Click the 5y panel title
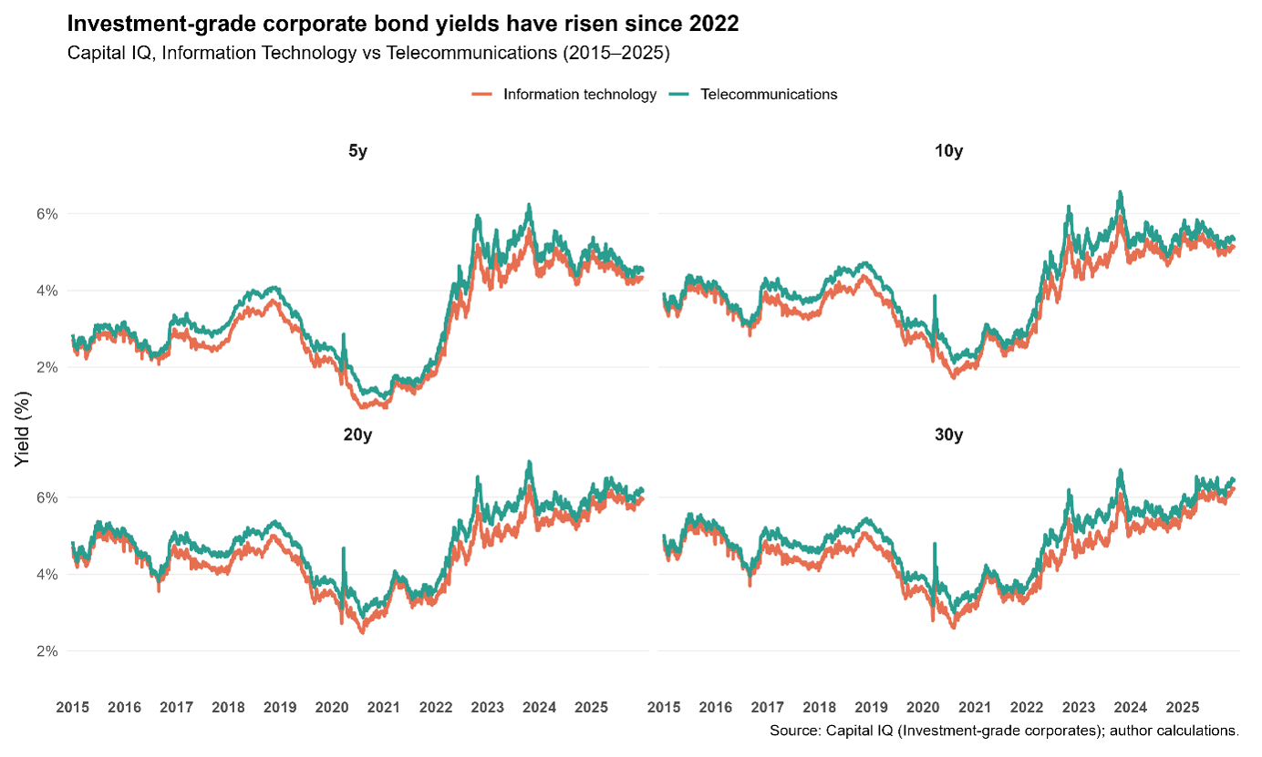(357, 151)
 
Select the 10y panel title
(949, 151)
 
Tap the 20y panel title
(357, 435)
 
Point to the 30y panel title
(949, 435)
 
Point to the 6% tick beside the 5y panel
(47, 214)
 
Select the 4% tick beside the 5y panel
(47, 291)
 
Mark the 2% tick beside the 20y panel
(47, 651)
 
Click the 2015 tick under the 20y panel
(72, 707)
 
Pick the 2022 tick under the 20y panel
(436, 707)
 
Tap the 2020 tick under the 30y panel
(924, 707)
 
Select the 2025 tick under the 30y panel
(1183, 707)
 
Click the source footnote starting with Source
(1004, 731)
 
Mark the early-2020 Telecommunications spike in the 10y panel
(934, 297)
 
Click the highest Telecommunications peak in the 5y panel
(529, 206)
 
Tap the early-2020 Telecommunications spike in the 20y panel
(343, 548)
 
